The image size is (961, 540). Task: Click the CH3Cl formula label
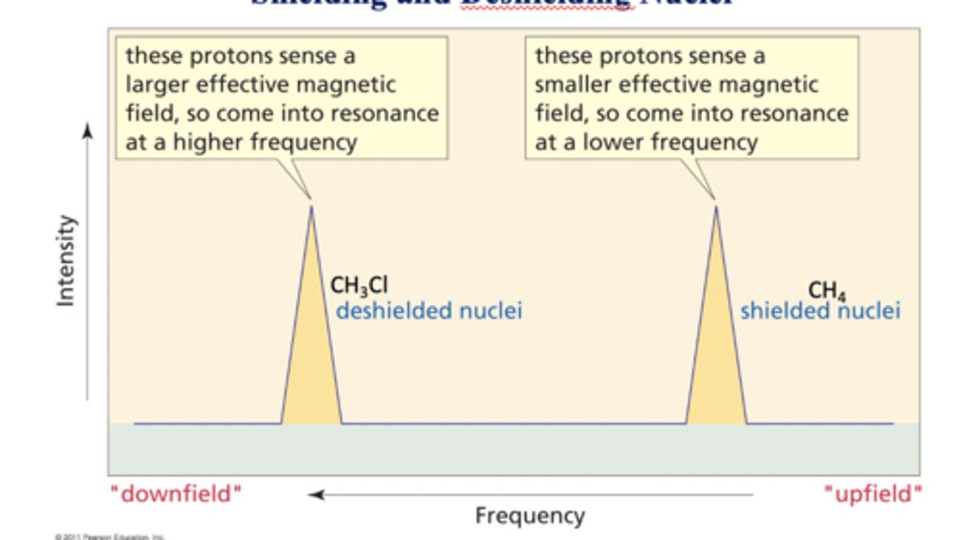[359, 286]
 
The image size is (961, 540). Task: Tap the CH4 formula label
[827, 290]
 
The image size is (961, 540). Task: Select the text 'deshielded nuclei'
[428, 311]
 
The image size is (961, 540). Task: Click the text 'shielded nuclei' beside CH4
[820, 311]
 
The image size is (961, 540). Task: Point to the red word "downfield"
[176, 495]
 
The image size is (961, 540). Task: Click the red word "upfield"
[873, 495]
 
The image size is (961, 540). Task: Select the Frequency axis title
[530, 515]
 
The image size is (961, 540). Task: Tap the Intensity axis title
[66, 260]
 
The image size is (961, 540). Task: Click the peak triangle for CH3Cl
[311, 354]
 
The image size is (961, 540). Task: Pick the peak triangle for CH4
[716, 354]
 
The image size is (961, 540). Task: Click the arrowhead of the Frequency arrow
[315, 495]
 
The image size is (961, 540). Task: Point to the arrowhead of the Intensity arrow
[87, 131]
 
